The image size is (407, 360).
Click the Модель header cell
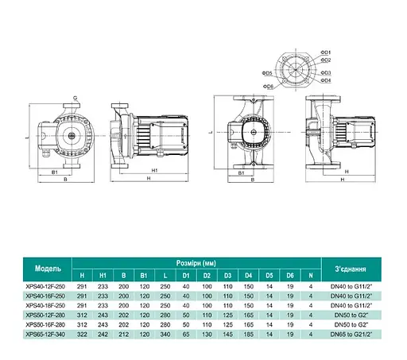(48, 267)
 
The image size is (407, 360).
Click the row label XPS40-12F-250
(48, 285)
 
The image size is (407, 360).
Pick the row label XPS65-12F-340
(48, 335)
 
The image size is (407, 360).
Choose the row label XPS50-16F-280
(48, 325)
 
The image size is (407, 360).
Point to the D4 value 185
(249, 335)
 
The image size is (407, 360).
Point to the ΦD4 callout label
(327, 80)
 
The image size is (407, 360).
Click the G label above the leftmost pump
(74, 99)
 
